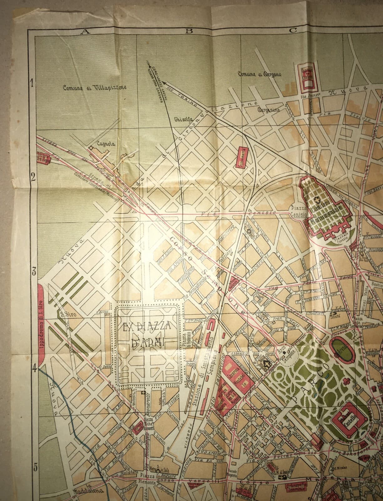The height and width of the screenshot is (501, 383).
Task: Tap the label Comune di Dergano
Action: (259, 74)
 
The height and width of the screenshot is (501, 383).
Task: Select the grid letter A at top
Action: (84, 31)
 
